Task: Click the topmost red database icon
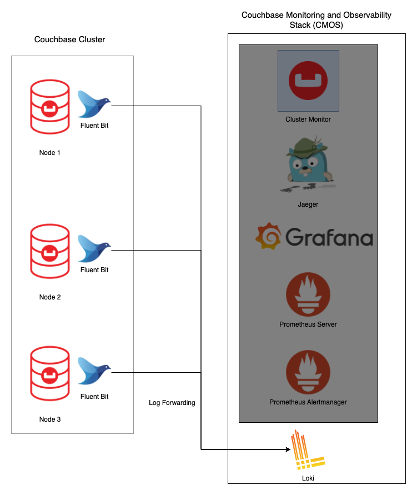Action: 50,107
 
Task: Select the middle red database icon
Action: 50,251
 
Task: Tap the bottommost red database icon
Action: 50,373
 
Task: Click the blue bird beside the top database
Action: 93,104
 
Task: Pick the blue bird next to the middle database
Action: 93,248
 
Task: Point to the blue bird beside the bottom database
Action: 93,371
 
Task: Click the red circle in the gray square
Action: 308,81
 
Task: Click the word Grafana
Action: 329,238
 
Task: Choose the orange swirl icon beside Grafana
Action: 268,236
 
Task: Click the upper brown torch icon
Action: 308,294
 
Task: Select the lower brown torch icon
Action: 308,372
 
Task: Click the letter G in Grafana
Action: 293,237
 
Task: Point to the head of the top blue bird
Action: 104,101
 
